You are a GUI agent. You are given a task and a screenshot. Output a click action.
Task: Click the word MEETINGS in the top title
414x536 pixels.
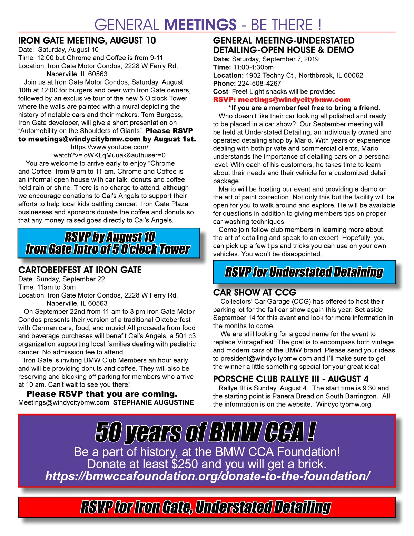(200, 25)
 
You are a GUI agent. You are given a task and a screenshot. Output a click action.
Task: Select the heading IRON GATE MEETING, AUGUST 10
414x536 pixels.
(87, 41)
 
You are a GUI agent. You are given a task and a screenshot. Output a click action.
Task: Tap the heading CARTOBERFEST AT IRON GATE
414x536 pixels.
(80, 270)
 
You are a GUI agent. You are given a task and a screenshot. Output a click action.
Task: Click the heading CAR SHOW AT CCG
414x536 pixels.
(255, 292)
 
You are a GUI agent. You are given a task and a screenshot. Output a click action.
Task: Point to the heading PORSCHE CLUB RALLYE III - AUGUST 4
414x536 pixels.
(290, 379)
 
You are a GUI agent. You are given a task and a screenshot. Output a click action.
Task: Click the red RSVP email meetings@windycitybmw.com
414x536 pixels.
(294, 100)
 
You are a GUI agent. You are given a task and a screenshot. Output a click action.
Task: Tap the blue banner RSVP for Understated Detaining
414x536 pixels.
(304, 272)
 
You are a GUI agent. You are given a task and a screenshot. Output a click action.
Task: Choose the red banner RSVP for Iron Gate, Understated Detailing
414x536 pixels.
(206, 507)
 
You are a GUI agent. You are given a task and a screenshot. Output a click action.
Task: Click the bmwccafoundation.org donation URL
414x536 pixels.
(207, 476)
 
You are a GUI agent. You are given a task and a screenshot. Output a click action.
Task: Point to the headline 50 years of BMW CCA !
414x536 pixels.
(206, 432)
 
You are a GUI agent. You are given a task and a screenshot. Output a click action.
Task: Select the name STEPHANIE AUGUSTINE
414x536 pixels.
(154, 402)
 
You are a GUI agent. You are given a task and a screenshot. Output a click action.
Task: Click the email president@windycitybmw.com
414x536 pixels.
(266, 358)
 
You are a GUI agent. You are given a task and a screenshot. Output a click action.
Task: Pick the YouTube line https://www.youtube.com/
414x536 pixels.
(109, 147)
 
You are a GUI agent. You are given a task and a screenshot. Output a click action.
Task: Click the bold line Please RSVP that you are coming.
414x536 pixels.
(102, 394)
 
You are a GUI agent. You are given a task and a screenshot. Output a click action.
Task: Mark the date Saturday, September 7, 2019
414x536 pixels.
(275, 59)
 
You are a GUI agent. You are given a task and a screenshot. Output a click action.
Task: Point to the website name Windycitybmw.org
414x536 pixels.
(344, 404)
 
